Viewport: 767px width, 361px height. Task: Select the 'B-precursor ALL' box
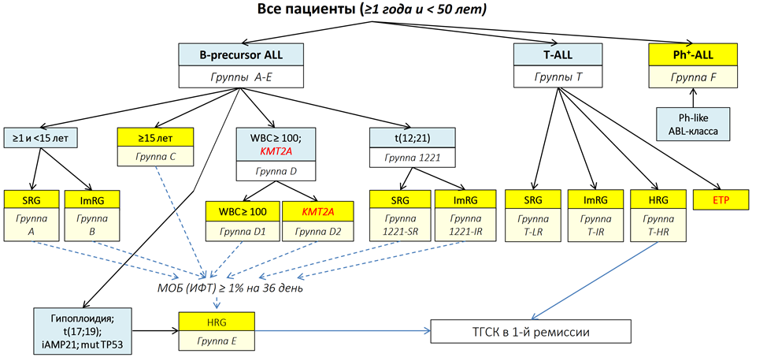[240, 54]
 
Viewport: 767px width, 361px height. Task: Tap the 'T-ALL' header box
[558, 54]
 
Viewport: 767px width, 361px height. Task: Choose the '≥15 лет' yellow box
[156, 135]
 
